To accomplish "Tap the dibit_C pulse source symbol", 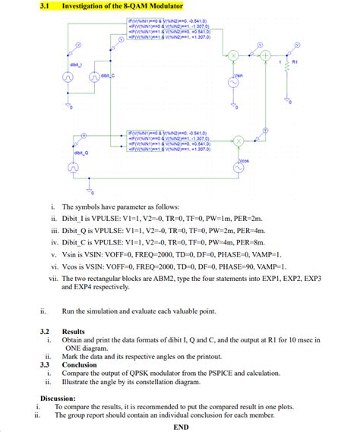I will pos(95,76).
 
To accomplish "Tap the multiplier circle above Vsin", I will pos(234,55).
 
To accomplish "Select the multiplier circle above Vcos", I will pos(238,141).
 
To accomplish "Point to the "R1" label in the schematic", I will pos(295,61).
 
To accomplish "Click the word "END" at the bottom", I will pos(181,426).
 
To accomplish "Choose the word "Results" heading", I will pos(74,332).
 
